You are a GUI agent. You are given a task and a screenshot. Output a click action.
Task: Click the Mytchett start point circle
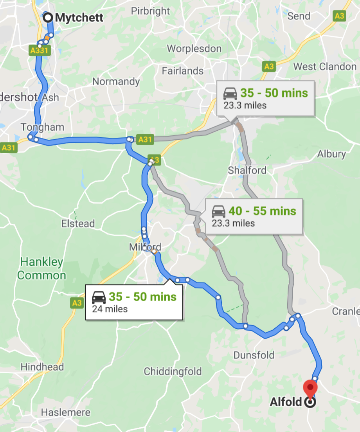pyautogui.click(x=48, y=18)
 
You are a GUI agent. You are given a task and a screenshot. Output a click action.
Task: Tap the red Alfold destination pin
pyautogui.click(x=310, y=387)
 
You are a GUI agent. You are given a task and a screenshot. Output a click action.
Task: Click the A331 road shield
pyautogui.click(x=40, y=50)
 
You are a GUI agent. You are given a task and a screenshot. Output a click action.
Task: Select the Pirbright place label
pyautogui.click(x=151, y=11)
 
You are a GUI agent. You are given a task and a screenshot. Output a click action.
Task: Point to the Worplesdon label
pyautogui.click(x=194, y=49)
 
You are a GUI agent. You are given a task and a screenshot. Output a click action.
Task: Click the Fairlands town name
pyautogui.click(x=183, y=71)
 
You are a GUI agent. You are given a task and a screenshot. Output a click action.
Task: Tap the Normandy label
pyautogui.click(x=116, y=81)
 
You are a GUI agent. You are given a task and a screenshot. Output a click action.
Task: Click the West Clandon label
pyautogui.click(x=325, y=67)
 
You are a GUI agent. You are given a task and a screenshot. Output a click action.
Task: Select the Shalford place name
pyautogui.click(x=247, y=170)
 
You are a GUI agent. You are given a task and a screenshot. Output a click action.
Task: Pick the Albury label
pyautogui.click(x=331, y=154)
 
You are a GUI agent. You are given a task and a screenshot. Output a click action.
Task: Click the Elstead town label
pyautogui.click(x=78, y=223)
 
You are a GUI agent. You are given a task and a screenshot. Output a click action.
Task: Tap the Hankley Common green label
pyautogui.click(x=41, y=268)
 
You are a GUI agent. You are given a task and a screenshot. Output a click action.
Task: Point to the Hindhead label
pyautogui.click(x=42, y=367)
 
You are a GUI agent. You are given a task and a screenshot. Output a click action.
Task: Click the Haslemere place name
pyautogui.click(x=65, y=412)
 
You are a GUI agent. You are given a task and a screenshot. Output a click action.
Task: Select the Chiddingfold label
pyautogui.click(x=173, y=371)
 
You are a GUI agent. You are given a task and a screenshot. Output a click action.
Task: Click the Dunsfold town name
pyautogui.click(x=254, y=355)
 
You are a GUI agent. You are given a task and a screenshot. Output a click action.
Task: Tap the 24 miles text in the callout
pyautogui.click(x=110, y=309)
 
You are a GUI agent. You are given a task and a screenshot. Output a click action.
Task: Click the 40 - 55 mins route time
pyautogui.click(x=262, y=211)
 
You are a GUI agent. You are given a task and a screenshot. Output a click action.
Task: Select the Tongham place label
pyautogui.click(x=42, y=127)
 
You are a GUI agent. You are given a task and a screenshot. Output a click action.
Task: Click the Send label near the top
pyautogui.click(x=299, y=16)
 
